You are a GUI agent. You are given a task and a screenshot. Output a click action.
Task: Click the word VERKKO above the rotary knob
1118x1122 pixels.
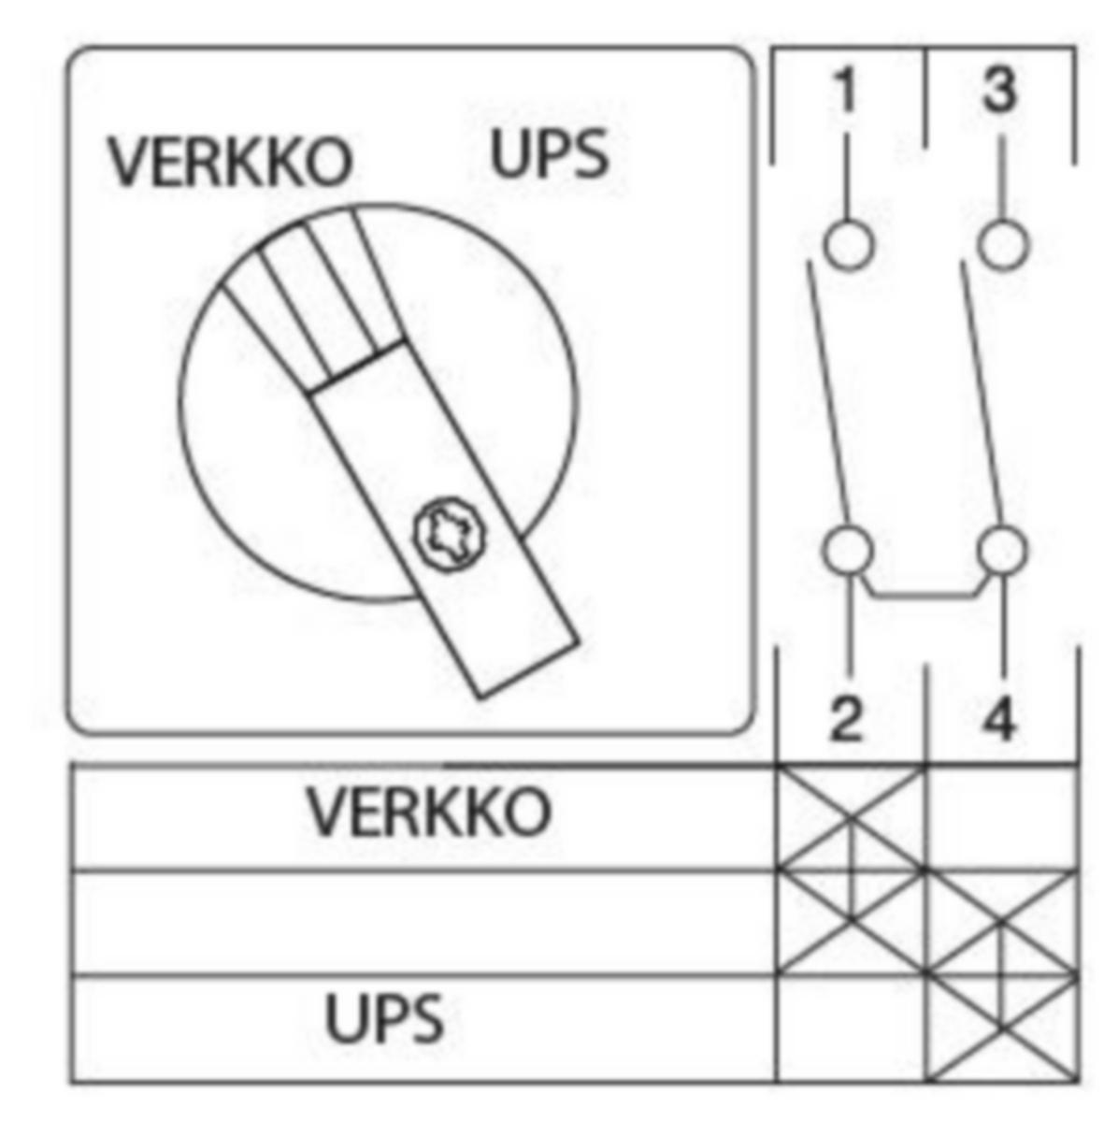pos(231,163)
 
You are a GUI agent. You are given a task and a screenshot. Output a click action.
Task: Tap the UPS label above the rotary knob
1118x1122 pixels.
pos(550,153)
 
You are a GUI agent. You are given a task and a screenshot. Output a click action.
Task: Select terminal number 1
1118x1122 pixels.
pos(847,89)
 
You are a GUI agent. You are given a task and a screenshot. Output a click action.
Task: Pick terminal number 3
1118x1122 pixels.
pos(999,89)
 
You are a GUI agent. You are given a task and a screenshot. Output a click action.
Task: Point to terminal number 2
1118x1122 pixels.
pos(846,720)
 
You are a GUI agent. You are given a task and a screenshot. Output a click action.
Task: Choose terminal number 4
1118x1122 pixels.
pos(999,720)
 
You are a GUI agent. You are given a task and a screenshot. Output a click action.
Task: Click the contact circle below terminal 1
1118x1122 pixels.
pos(849,244)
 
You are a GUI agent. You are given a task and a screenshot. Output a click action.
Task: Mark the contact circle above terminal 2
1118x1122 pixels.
pos(848,550)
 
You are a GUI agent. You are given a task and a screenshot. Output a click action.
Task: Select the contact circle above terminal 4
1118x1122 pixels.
pos(1001,550)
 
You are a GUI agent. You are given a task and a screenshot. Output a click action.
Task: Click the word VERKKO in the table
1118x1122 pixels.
pos(429,811)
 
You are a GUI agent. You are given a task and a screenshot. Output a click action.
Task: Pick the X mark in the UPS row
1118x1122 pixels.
pos(1001,1026)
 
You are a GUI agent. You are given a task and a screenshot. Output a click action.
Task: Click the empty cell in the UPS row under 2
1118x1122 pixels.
pos(851,1026)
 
